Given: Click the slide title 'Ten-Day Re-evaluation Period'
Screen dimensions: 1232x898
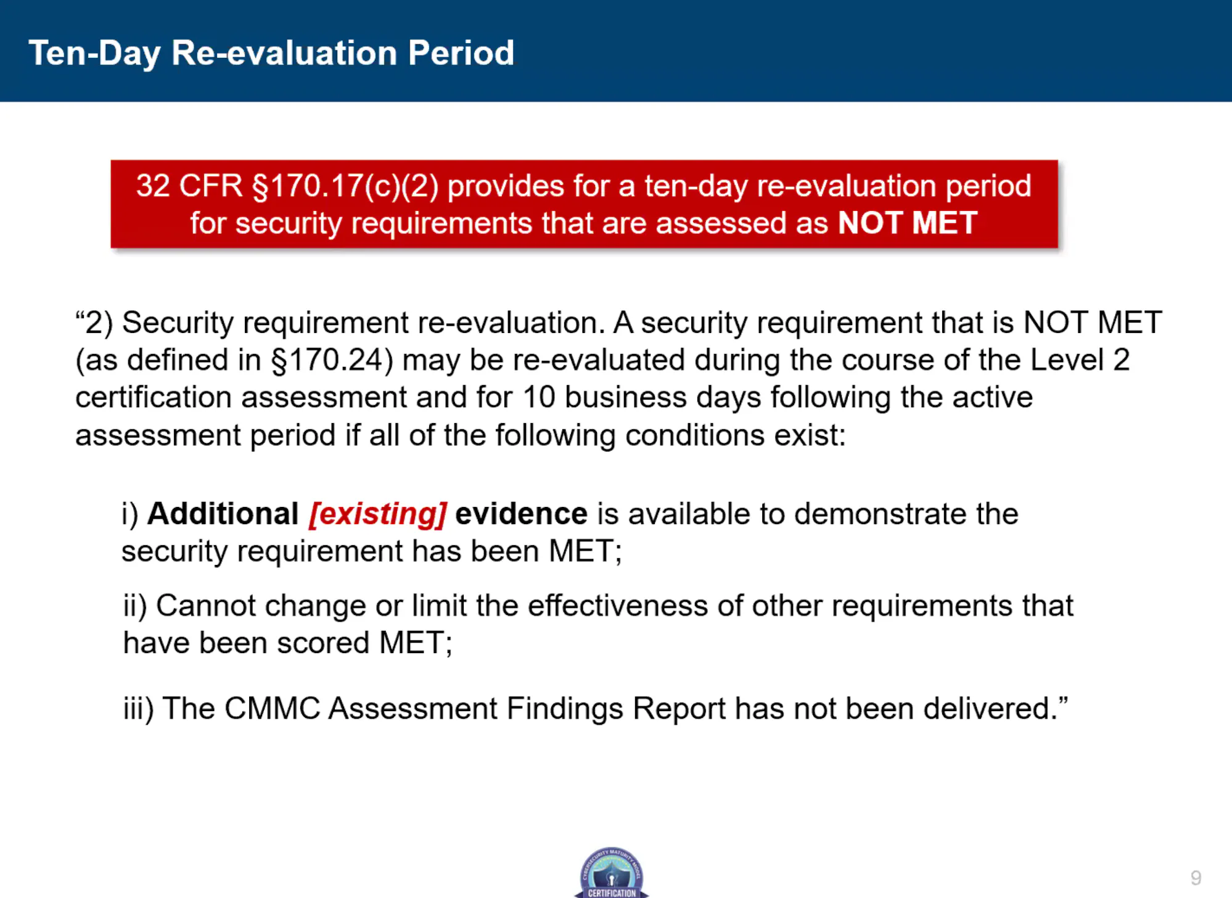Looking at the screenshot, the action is [x=271, y=54].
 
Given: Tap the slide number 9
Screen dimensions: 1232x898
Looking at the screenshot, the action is [x=1196, y=878].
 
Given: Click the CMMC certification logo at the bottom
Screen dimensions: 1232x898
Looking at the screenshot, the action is [x=612, y=872].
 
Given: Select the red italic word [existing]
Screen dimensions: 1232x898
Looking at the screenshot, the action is [x=378, y=514].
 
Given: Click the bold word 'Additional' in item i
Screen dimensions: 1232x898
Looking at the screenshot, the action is [x=223, y=513].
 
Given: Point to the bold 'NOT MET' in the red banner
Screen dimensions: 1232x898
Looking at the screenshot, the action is [x=908, y=223].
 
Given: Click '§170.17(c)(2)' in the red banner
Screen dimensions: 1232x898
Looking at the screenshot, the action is [x=345, y=186].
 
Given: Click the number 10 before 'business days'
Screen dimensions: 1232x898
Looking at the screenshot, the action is [x=539, y=397].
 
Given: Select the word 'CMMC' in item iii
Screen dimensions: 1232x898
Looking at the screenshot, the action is [x=273, y=708].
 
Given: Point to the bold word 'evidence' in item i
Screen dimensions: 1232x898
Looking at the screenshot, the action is [x=521, y=514].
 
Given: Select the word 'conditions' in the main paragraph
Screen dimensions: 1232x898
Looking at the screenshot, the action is [x=695, y=435].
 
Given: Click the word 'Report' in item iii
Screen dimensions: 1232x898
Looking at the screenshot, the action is [x=679, y=709].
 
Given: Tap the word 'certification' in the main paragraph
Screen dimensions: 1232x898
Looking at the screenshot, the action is [x=154, y=397].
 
